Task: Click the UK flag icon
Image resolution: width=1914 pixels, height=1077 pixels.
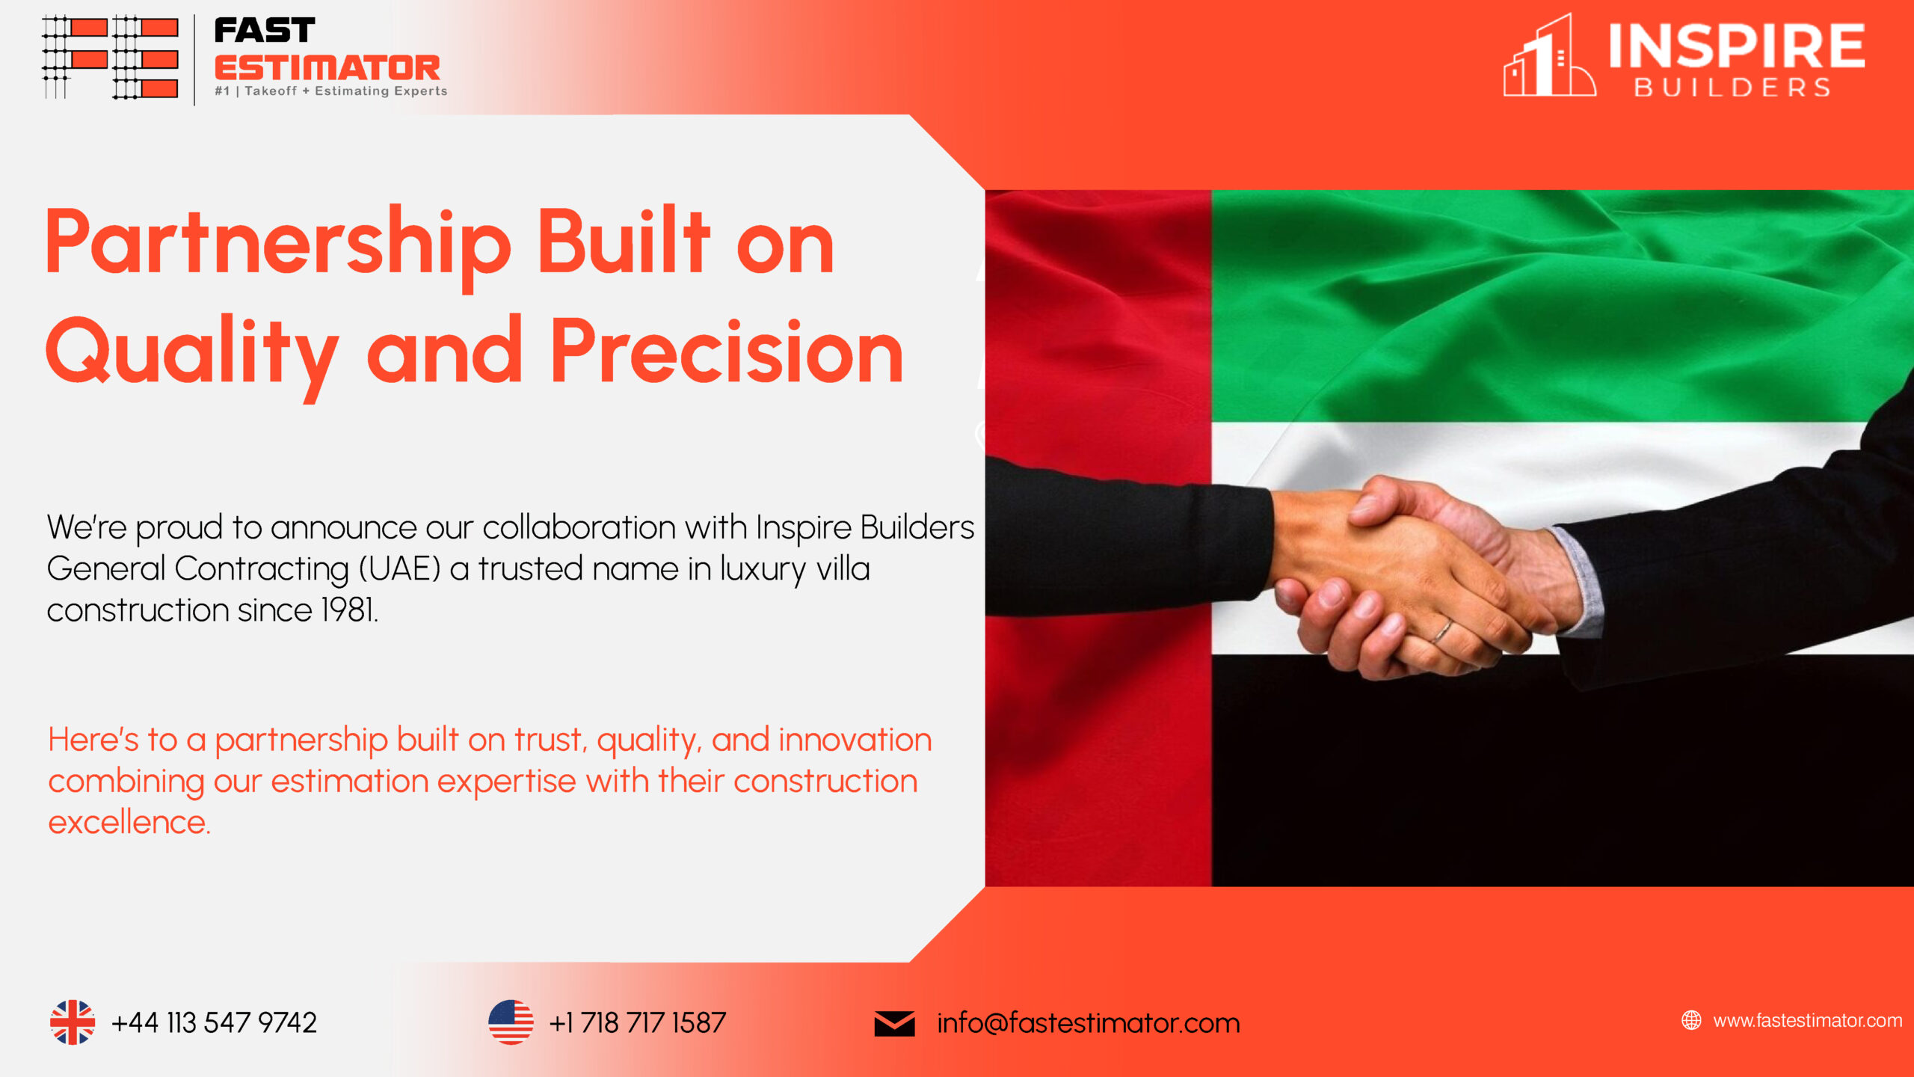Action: click(73, 1022)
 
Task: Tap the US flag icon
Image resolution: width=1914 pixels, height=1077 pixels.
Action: click(511, 1022)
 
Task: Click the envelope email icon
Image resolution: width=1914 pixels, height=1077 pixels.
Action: click(894, 1023)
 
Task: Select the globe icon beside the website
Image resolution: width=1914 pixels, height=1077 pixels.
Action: click(1691, 1020)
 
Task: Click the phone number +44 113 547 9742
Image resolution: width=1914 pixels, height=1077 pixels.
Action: click(214, 1022)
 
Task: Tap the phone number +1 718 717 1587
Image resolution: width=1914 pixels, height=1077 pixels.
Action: click(638, 1022)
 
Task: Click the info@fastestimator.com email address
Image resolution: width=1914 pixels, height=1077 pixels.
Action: click(1089, 1022)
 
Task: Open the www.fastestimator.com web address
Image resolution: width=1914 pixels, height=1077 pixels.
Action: click(1808, 1020)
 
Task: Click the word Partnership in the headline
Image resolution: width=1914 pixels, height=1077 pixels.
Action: click(278, 245)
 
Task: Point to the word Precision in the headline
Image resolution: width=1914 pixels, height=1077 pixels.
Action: click(727, 352)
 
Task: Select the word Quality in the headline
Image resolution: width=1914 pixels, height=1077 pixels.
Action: click(192, 355)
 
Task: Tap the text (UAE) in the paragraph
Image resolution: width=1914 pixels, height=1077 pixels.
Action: click(399, 569)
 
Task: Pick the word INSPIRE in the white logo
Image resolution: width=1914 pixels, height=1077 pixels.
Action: click(1736, 46)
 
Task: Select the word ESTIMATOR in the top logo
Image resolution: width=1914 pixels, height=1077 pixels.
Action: click(327, 68)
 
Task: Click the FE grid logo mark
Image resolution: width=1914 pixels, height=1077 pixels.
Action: click(110, 57)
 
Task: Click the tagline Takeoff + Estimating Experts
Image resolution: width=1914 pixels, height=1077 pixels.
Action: click(346, 91)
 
